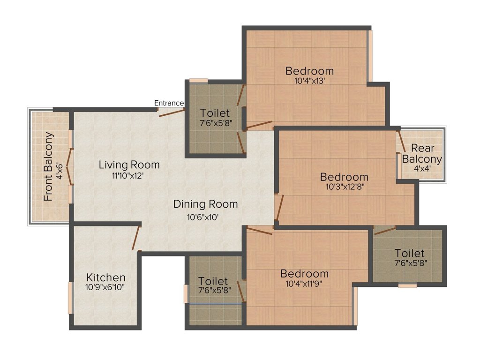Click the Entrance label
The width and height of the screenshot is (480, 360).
[x=169, y=103]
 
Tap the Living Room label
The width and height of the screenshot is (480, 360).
[x=129, y=165]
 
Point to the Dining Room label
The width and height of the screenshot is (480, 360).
[x=205, y=204]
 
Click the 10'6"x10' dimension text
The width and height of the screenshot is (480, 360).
[x=202, y=217]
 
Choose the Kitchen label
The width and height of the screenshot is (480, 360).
[x=106, y=277]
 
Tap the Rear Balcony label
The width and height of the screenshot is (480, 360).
[x=422, y=153]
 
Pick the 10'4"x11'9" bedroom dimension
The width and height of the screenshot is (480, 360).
[x=304, y=283]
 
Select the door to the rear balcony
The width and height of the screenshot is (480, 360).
[x=401, y=141]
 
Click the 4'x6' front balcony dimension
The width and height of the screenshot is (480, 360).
[x=60, y=167]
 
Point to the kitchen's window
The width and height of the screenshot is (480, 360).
[x=70, y=298]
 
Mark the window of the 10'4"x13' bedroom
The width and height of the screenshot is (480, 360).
[x=370, y=56]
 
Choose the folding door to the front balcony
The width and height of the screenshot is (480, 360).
[x=69, y=166]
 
